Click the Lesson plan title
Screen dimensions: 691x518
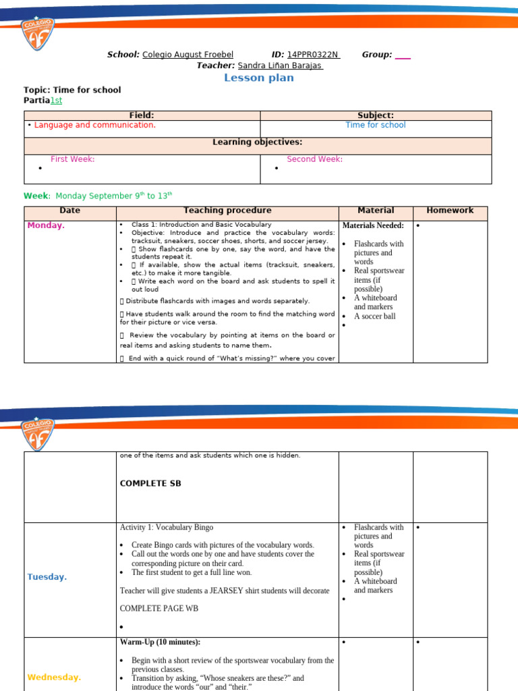coord(259,78)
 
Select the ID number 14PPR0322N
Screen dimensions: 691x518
coord(313,55)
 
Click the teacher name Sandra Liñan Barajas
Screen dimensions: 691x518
coord(280,65)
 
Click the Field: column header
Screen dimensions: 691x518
coord(142,115)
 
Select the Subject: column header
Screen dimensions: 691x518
coord(376,115)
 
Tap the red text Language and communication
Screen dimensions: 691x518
coord(94,125)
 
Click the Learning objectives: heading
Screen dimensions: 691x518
coord(258,142)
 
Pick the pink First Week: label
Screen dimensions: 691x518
coord(72,159)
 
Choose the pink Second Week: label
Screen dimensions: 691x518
coord(314,159)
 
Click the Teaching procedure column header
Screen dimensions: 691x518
coord(227,211)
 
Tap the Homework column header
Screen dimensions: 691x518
coord(450,211)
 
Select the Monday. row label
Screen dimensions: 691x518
coord(46,225)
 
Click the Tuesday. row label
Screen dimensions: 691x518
coord(47,577)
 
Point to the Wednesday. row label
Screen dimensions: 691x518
coord(53,677)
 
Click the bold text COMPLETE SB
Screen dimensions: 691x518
coord(150,483)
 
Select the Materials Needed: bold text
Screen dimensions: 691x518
coord(373,225)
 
